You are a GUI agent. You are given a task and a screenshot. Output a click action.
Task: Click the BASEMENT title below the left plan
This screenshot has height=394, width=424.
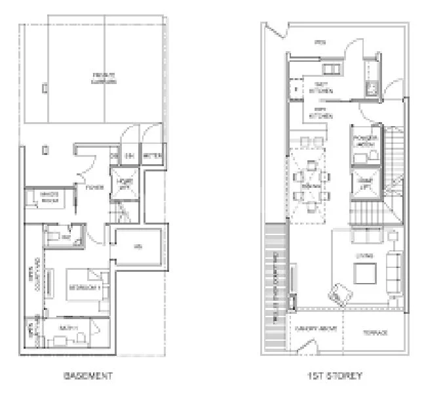click(88, 376)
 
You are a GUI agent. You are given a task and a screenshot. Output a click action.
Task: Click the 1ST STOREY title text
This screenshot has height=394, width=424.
click(336, 376)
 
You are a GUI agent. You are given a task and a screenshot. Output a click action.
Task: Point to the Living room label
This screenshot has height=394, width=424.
click(364, 255)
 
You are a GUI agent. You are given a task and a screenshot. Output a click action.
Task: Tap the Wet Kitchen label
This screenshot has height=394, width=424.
click(321, 88)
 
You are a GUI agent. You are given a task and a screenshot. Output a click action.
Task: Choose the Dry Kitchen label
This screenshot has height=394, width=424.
click(321, 112)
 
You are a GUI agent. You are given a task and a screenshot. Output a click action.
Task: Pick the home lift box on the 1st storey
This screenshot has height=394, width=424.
click(364, 183)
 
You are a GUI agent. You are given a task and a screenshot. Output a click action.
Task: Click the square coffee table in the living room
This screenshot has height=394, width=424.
click(364, 273)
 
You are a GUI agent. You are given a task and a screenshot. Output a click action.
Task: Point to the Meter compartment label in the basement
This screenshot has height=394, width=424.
click(151, 156)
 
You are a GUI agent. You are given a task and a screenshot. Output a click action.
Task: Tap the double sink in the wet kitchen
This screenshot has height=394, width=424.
click(332, 70)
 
